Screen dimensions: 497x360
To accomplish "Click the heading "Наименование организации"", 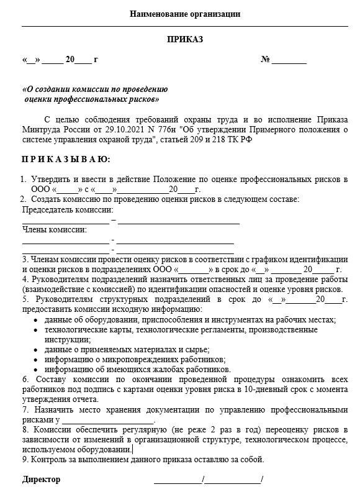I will (x=185, y=14).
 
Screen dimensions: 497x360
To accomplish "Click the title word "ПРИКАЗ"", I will (x=185, y=39).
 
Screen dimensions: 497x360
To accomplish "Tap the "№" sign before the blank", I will (x=265, y=60).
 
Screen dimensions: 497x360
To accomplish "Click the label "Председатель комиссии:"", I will (x=63, y=210).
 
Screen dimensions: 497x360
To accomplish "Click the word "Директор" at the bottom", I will (x=42, y=480).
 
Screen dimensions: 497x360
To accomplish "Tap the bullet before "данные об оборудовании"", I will (x=34, y=320).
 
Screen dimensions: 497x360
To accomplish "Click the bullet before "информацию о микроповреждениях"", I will (x=34, y=360).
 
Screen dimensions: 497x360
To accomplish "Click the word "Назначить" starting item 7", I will (x=52, y=409).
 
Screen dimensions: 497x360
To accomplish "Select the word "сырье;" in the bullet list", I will (x=195, y=350).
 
